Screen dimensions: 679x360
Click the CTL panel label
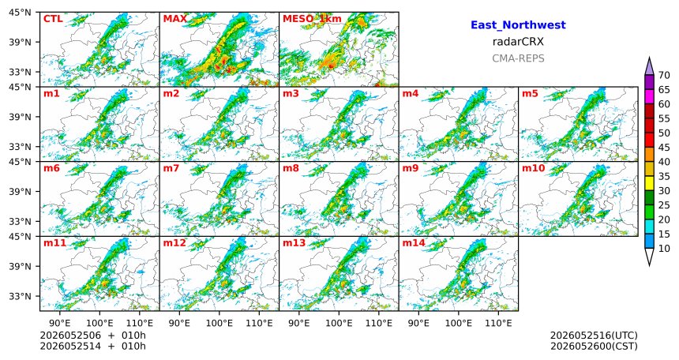coord(53,19)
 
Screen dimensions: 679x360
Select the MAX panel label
coord(175,19)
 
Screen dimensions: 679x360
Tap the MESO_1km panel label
coord(312,20)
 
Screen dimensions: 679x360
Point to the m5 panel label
coord(530,94)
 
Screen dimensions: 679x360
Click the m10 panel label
coord(533,168)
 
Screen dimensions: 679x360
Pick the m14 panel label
coord(414,243)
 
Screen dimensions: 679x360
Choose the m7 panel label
coord(171,168)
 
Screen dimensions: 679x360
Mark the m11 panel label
coord(54,243)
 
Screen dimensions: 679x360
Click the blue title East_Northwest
coord(518,25)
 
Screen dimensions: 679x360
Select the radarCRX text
coord(518,42)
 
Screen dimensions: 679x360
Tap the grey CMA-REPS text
coord(518,58)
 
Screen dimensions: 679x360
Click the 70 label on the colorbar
coord(664,75)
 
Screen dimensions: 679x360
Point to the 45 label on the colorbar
coord(664,148)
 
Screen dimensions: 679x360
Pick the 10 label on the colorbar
coord(664,249)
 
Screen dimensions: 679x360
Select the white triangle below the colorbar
coord(649,256)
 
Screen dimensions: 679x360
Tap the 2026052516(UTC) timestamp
coord(594,336)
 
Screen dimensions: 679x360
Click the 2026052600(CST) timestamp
coord(594,346)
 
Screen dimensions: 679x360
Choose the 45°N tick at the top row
coord(20,12)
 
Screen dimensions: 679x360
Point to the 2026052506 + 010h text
coord(92,336)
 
